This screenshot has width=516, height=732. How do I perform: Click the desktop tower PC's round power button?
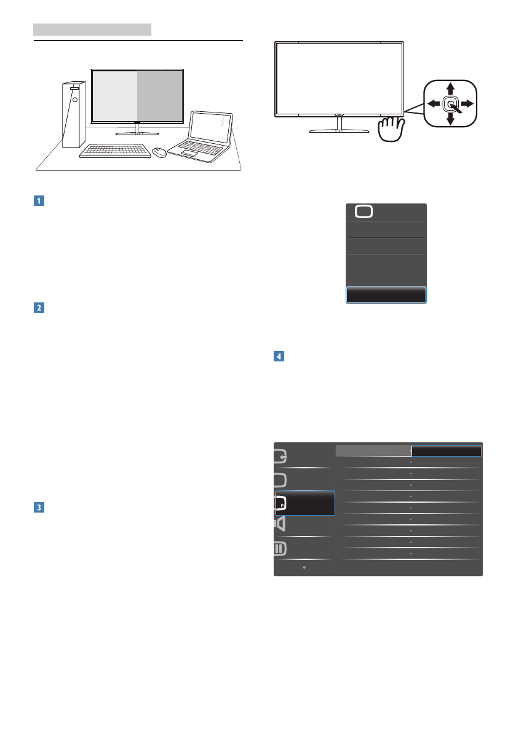73,98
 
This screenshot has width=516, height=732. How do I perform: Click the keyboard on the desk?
115,151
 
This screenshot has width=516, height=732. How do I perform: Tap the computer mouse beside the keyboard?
159,152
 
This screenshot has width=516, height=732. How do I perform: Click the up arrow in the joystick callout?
450,88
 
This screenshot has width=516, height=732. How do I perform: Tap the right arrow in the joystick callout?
468,103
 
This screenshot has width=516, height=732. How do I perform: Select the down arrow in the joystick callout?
450,119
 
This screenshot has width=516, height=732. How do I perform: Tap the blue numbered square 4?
277,356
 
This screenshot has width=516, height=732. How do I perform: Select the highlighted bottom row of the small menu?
386,295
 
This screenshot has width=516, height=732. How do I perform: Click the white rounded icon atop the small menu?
363,211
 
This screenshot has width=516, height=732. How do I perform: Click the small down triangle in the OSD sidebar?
304,568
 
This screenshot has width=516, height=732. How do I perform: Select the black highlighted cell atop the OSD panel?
446,451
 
